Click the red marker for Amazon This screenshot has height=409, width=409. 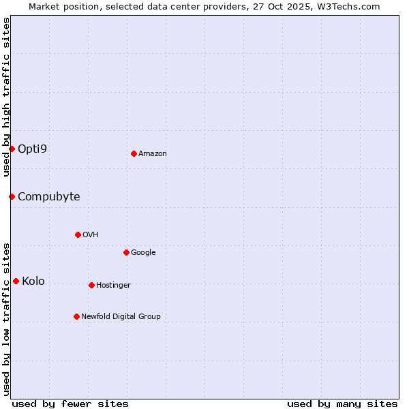tap(134, 153)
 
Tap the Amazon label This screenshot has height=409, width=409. tap(153, 153)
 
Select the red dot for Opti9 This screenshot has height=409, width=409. tap(12, 149)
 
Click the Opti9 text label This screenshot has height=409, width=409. tap(32, 149)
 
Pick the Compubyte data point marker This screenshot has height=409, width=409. tap(12, 196)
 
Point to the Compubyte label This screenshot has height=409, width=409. tap(48, 196)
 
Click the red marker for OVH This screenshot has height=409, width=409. tap(78, 234)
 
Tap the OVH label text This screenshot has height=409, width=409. tap(91, 234)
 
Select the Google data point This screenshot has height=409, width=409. tap(126, 252)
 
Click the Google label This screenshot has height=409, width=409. tap(143, 252)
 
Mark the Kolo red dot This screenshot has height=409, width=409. tap(16, 281)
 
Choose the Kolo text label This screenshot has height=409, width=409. tap(33, 281)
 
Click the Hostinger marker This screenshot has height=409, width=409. tap(91, 285)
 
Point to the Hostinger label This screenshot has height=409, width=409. tap(113, 285)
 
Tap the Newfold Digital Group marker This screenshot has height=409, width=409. tap(76, 316)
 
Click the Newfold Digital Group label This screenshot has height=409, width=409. tap(121, 316)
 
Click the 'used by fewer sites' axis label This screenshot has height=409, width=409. tap(70, 404)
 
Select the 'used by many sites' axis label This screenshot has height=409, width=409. tap(342, 404)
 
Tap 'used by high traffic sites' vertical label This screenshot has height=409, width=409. tap(6, 97)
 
